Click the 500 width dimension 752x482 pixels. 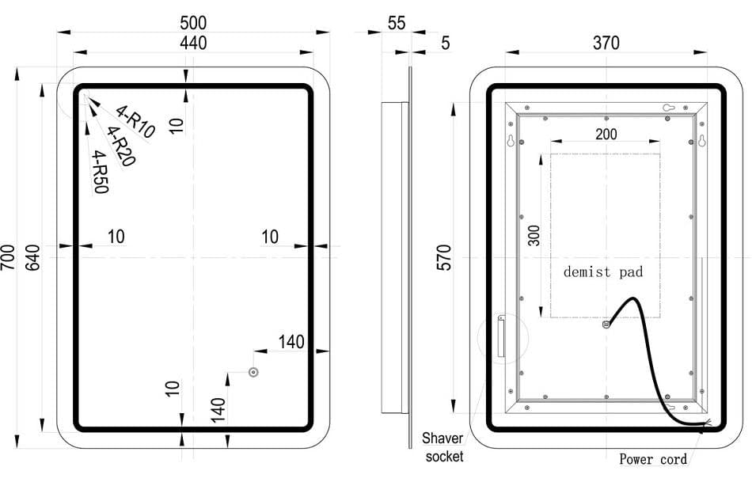pyautogui.click(x=193, y=22)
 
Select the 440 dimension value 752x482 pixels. pyautogui.click(x=193, y=43)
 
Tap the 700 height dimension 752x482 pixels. pyautogui.click(x=9, y=257)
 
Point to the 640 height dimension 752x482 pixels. pyautogui.click(x=32, y=257)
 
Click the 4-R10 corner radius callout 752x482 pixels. pyautogui.click(x=135, y=121)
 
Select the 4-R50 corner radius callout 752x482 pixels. pyautogui.click(x=101, y=172)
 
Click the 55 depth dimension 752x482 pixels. pyautogui.click(x=397, y=23)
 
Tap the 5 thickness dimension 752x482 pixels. pyautogui.click(x=445, y=43)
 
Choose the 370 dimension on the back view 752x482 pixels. pyautogui.click(x=606, y=43)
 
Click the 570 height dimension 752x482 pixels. pyautogui.click(x=444, y=258)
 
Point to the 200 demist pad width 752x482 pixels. pyautogui.click(x=606, y=134)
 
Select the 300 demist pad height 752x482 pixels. pyautogui.click(x=535, y=235)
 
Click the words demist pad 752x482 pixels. pyautogui.click(x=602, y=272)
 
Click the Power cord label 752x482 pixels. pyautogui.click(x=653, y=459)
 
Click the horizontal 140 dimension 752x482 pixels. pyautogui.click(x=291, y=342)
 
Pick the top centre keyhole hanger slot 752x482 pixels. pyautogui.click(x=667, y=108)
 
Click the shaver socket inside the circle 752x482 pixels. pyautogui.click(x=500, y=336)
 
